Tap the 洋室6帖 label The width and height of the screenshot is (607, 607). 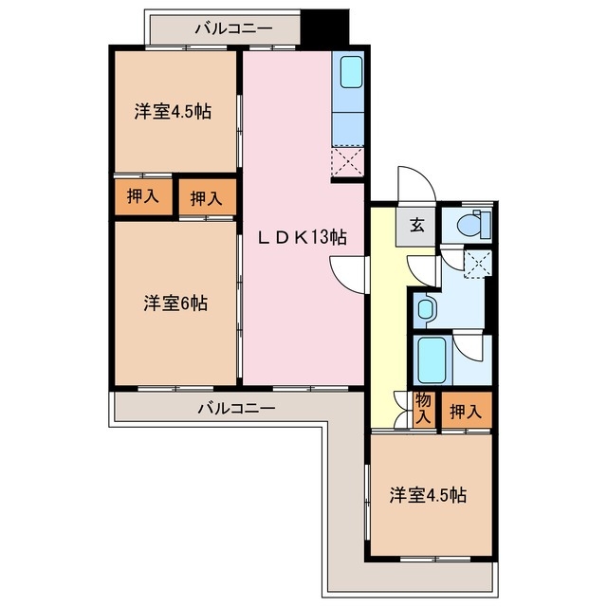point(175,303)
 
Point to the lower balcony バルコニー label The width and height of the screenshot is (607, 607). point(236,409)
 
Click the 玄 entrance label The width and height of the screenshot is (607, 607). point(416,226)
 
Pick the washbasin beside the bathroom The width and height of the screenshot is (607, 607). point(426,308)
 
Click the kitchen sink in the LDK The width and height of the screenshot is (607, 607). point(348,72)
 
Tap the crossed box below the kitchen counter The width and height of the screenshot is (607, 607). point(347,161)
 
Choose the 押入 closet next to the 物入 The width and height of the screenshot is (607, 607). point(465,412)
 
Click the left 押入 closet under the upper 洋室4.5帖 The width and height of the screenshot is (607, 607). point(143,198)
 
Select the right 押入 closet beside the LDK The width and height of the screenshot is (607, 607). point(206,198)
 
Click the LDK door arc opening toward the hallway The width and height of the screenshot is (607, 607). point(348,276)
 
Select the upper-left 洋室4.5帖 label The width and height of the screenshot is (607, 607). point(172,111)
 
